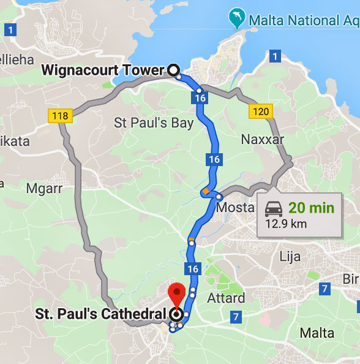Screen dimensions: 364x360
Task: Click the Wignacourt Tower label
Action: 103,70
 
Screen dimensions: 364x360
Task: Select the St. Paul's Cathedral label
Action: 100,314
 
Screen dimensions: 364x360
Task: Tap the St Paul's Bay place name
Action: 154,123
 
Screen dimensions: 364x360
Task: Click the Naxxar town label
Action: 263,139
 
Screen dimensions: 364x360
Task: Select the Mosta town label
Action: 236,207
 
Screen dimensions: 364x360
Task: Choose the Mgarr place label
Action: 44,188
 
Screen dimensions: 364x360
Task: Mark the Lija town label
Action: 291,256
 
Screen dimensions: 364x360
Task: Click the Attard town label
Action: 227,298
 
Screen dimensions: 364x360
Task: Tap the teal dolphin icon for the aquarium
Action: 235,18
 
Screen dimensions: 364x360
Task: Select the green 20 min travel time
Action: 312,208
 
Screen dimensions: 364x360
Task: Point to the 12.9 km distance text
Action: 286,224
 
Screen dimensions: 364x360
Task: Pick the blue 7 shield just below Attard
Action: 236,317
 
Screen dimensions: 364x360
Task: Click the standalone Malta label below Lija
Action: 317,333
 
